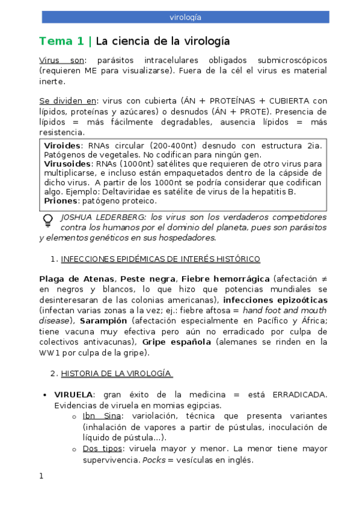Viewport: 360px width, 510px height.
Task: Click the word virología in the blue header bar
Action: click(x=185, y=17)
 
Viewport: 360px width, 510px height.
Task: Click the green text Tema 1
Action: click(x=62, y=41)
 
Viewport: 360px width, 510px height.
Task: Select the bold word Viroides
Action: click(x=63, y=146)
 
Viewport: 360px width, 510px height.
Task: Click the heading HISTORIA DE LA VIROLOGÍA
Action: click(x=117, y=373)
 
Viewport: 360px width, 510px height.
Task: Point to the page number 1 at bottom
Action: click(x=41, y=476)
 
